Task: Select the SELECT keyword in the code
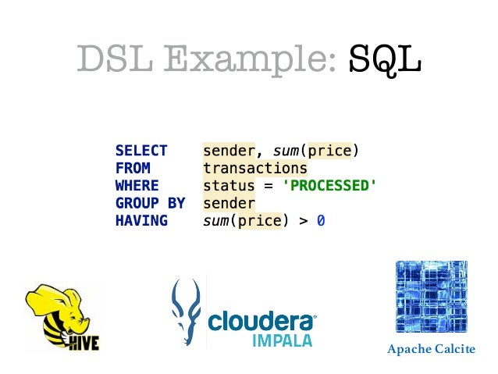pyautogui.click(x=141, y=151)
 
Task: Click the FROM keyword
pyautogui.click(x=133, y=168)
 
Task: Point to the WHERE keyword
pyautogui.click(x=137, y=186)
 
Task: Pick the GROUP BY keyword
pyautogui.click(x=150, y=203)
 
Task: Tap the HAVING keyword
pyautogui.click(x=141, y=221)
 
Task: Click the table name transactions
pyautogui.click(x=255, y=168)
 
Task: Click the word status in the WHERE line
pyautogui.click(x=229, y=186)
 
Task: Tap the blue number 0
pyautogui.click(x=321, y=221)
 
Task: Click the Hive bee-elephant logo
pyautogui.click(x=62, y=319)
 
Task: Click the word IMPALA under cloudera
pyautogui.click(x=283, y=340)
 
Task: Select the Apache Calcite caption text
pyautogui.click(x=430, y=349)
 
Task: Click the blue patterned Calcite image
pyautogui.click(x=431, y=297)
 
